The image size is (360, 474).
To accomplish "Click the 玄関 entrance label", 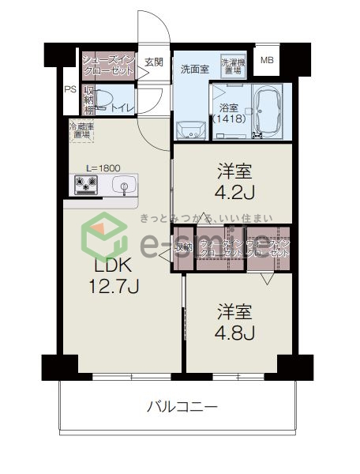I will point(153,62).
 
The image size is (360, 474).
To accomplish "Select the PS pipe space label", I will point(70,89).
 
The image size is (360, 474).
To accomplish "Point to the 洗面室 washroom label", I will point(194,68).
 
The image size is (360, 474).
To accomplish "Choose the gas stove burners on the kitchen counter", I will point(85,186).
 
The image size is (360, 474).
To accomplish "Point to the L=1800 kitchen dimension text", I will point(102,167).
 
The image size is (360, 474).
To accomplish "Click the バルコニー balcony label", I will point(181,407).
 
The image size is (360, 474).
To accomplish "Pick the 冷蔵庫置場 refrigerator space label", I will point(81,130).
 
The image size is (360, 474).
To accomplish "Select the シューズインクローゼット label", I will point(110,64).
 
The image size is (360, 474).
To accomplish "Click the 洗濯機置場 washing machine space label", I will point(234,66).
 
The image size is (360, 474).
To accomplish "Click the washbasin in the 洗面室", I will point(190,128).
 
